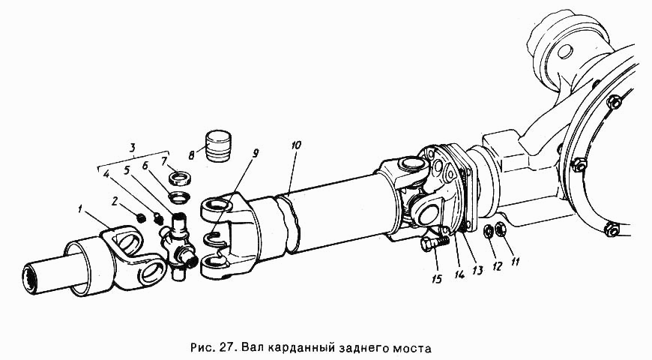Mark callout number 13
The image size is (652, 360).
click(x=477, y=268)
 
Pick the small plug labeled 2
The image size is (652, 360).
click(x=141, y=217)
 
